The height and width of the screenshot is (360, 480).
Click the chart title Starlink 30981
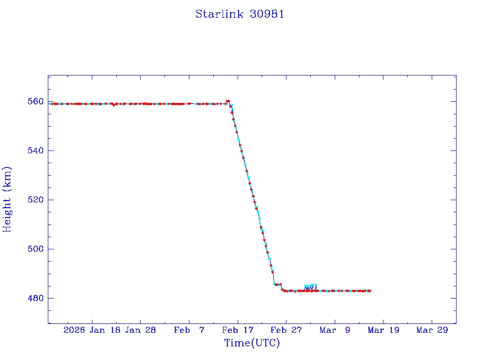click(240, 14)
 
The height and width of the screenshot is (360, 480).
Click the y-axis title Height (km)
click(7, 199)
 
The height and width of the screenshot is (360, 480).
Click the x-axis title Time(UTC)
click(252, 343)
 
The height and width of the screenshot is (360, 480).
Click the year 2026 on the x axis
click(74, 330)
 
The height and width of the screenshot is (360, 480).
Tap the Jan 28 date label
click(141, 330)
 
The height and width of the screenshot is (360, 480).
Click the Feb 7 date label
click(189, 330)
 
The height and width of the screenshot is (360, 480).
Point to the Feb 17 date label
click(238, 330)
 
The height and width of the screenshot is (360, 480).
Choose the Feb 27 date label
click(286, 330)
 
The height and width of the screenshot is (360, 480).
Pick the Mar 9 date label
click(335, 330)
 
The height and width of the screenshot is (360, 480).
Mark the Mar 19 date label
click(383, 330)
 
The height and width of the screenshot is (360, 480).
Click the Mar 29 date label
click(432, 330)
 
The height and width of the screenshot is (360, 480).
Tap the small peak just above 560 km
click(228, 101)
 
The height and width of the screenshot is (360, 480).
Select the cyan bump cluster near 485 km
click(310, 285)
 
